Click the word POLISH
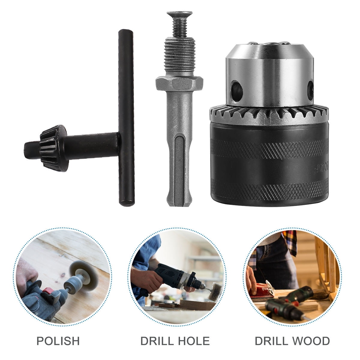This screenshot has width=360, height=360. pyautogui.click(x=58, y=341)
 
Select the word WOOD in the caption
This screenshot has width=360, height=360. pyautogui.click(x=312, y=341)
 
